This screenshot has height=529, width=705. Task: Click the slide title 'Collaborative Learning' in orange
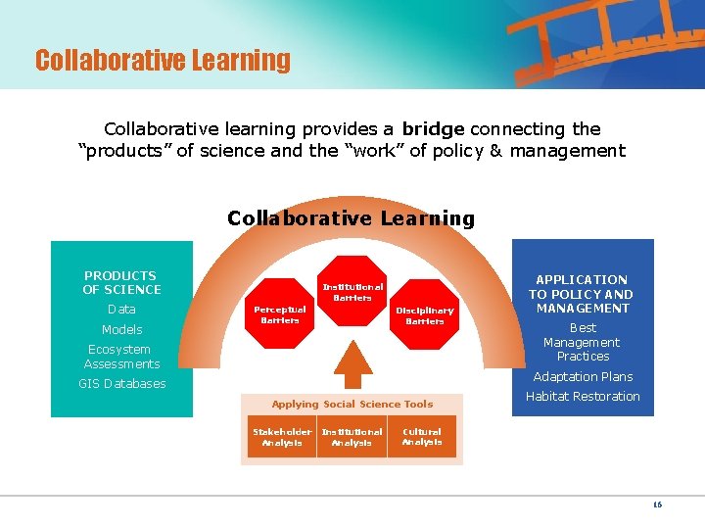163,61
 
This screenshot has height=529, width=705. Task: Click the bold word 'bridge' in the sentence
433,128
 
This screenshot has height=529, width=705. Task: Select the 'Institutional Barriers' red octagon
352,292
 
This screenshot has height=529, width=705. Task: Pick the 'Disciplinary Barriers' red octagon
425,315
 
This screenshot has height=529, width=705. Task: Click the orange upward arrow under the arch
353,368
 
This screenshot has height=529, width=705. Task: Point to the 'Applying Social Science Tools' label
352,404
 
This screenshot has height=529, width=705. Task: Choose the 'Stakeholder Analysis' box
282,437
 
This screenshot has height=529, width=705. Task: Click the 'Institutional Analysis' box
352,437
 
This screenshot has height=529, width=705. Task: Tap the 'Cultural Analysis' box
422,436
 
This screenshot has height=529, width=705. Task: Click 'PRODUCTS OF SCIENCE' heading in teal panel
121,282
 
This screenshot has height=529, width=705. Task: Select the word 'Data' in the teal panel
121,310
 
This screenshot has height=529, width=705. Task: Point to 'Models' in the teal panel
121,330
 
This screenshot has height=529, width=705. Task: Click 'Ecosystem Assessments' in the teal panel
121,357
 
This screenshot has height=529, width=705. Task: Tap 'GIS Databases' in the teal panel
121,384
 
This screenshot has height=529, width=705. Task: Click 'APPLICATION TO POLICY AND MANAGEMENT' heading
582,294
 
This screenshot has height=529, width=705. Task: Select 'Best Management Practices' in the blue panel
582,342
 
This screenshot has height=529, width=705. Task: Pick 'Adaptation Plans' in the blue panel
582,377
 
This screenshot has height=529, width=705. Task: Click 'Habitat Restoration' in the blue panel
582,397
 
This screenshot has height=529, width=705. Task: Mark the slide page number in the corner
657,505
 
